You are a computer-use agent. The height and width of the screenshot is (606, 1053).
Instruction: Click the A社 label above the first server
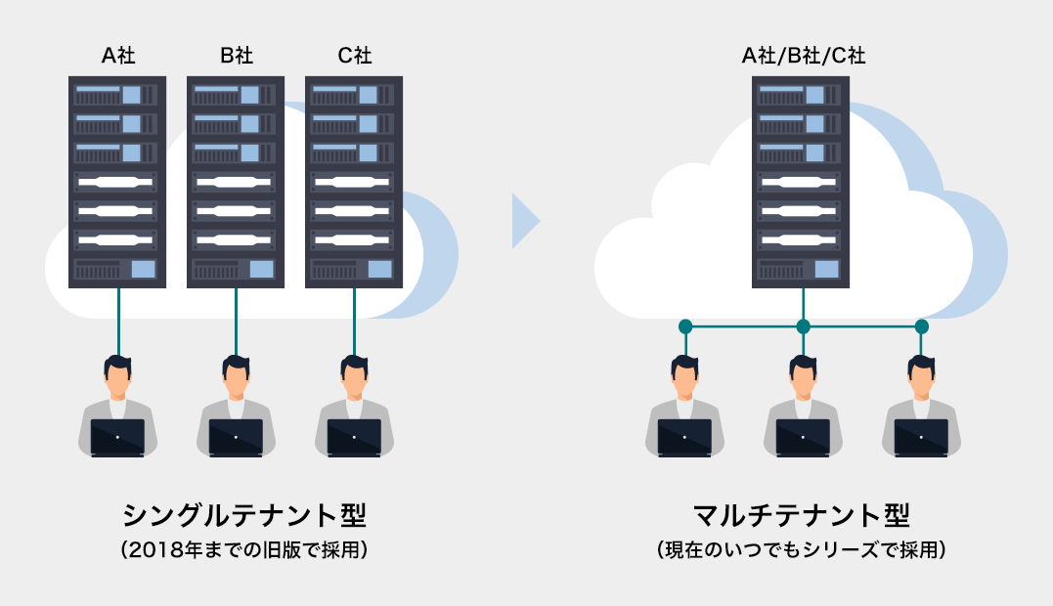[118, 55]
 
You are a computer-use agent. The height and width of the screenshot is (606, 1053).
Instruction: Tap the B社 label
[237, 55]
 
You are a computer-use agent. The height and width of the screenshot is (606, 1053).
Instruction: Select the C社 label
[355, 55]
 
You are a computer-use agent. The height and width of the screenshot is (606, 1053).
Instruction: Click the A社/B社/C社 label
[803, 55]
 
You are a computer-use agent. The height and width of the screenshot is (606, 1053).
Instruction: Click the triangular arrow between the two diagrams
[524, 221]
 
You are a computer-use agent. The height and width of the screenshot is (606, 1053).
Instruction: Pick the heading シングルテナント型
[244, 515]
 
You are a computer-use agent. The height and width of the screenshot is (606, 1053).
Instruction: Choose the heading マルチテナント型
[802, 515]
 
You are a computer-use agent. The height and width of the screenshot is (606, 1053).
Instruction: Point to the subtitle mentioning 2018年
[244, 550]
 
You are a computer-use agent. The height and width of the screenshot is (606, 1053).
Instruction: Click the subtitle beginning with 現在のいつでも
[802, 550]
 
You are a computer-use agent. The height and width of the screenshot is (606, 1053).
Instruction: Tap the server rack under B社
[236, 182]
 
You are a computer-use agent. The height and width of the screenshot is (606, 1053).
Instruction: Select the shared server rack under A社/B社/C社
[801, 182]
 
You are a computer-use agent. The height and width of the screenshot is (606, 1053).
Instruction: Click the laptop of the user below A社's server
[117, 438]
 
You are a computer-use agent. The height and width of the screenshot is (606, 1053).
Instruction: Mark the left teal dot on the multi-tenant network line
[685, 326]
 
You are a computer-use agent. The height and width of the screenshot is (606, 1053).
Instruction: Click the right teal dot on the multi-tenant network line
[921, 326]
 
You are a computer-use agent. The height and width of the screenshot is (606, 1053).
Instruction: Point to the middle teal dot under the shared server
[803, 326]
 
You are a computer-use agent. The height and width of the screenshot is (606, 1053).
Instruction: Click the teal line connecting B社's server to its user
[236, 323]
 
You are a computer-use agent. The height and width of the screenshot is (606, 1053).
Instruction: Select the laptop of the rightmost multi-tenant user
[921, 438]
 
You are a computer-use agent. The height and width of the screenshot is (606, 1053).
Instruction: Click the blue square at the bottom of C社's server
[380, 269]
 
